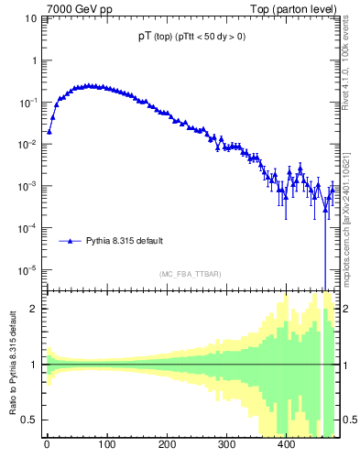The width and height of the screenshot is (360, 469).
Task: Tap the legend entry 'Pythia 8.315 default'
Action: [125, 241]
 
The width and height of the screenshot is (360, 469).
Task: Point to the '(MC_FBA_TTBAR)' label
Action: [190, 274]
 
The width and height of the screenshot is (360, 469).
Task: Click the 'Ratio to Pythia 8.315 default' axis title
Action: [12, 364]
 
